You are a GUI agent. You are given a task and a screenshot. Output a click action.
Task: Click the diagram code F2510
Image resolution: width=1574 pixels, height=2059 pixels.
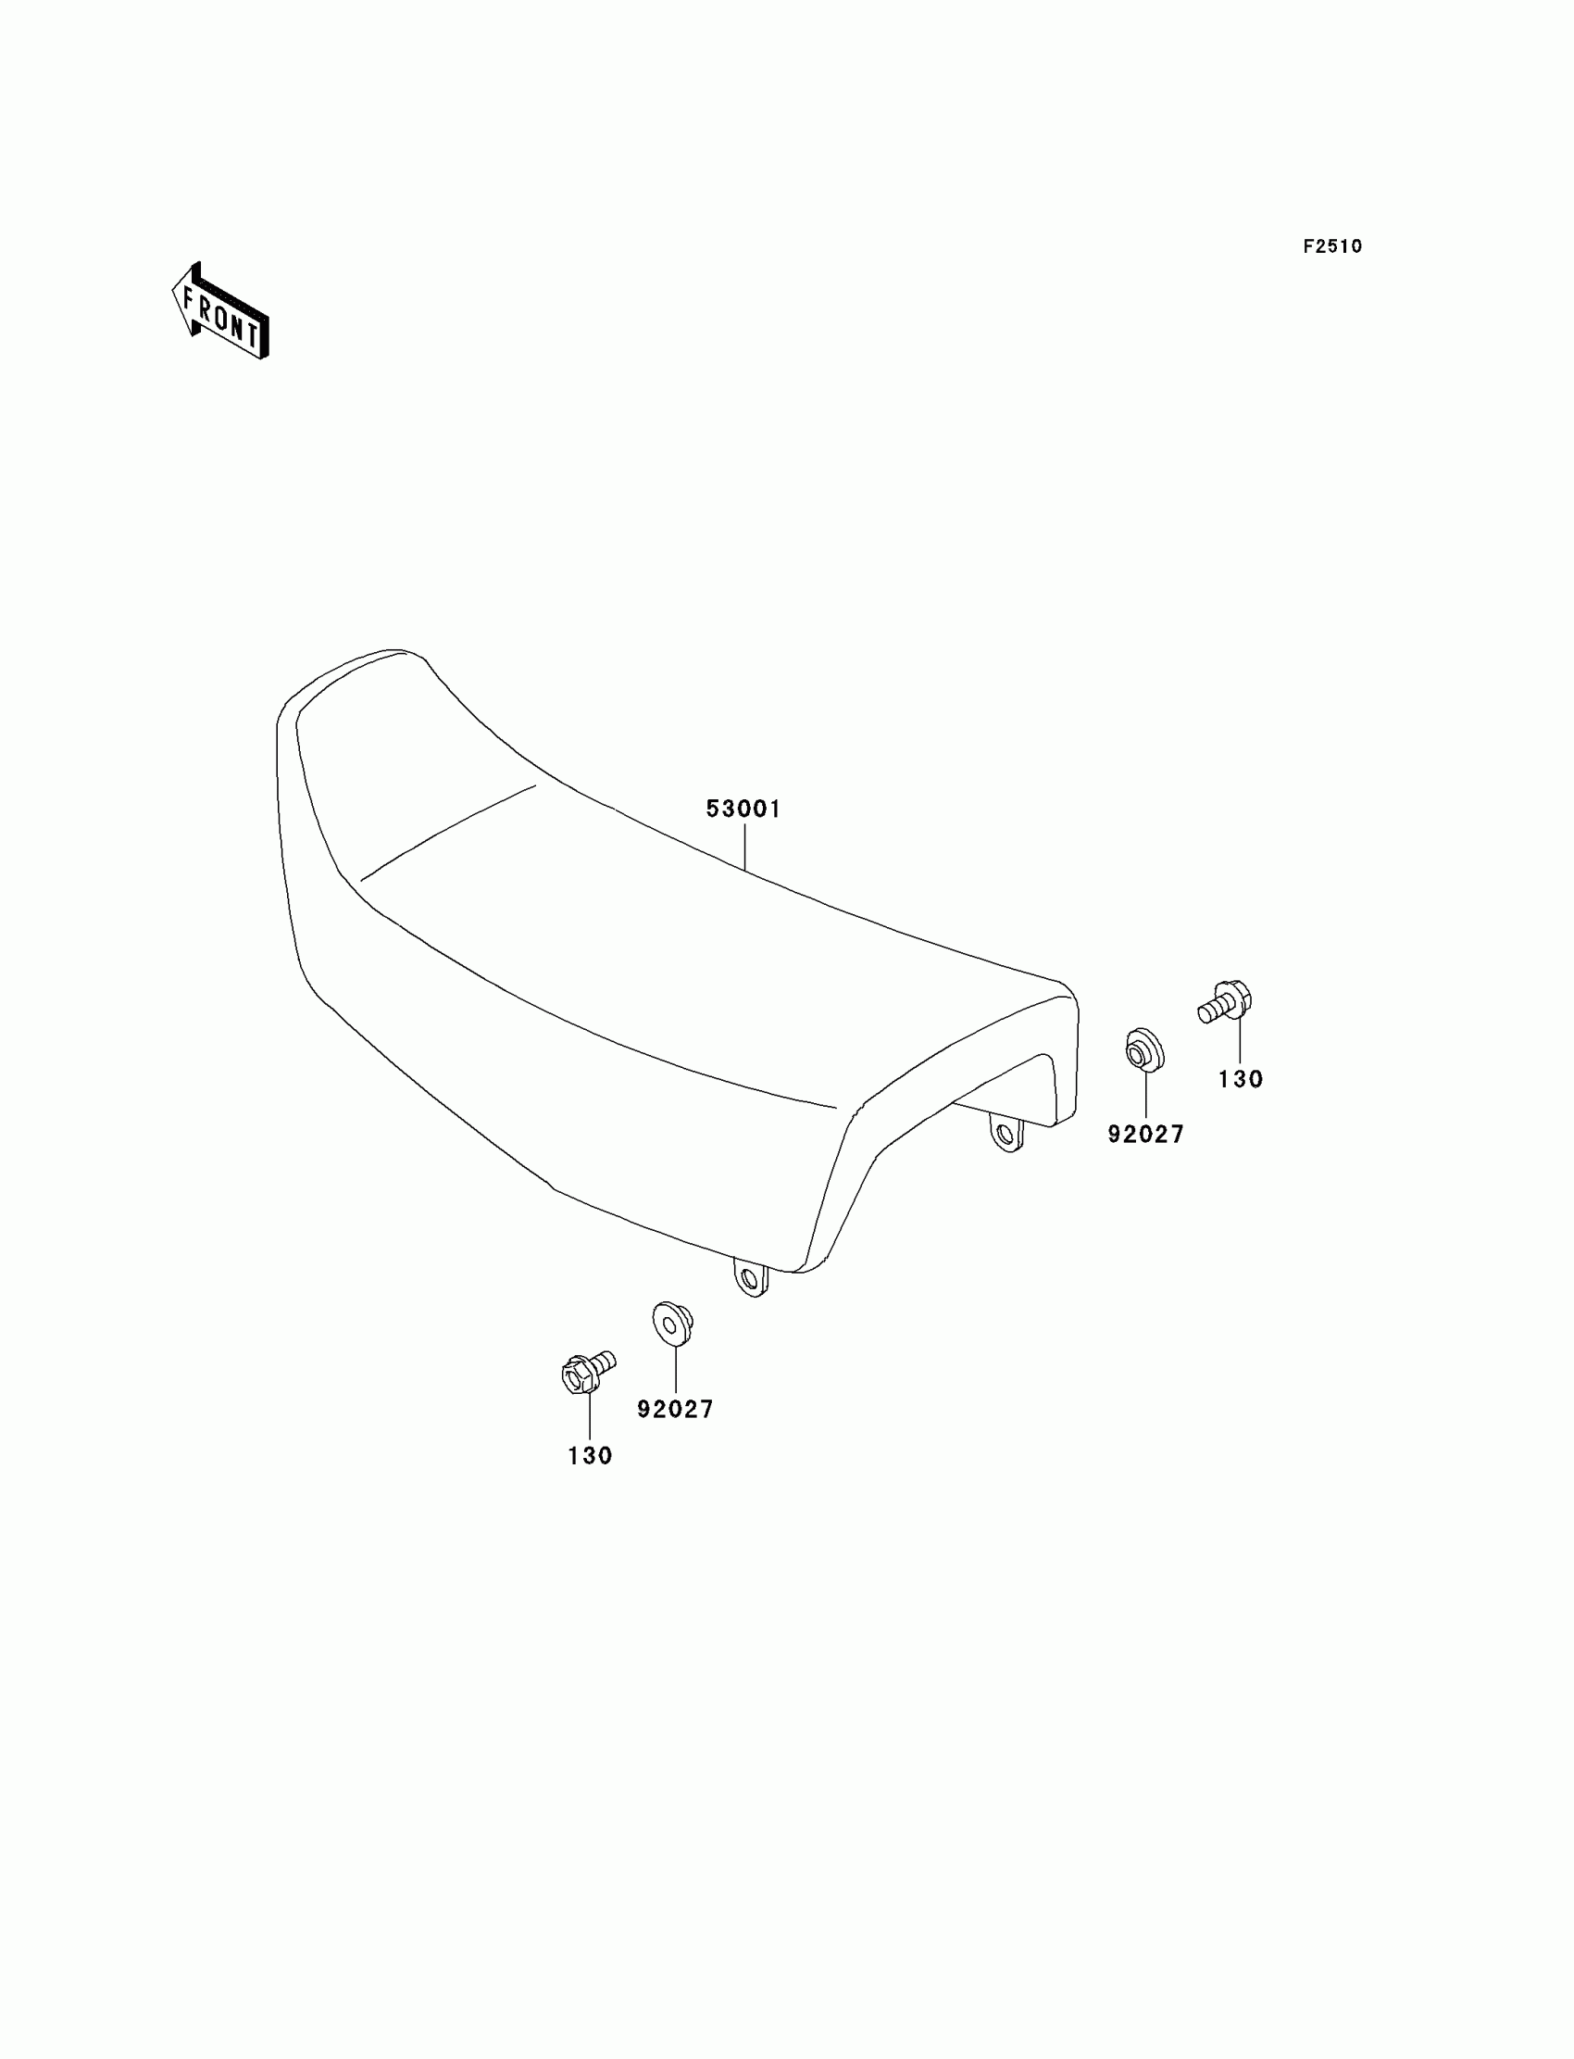(x=1332, y=246)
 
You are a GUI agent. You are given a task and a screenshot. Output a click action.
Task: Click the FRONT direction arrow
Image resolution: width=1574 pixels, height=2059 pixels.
(x=221, y=312)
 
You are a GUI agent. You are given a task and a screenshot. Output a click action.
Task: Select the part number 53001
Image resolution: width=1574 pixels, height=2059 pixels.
(x=743, y=809)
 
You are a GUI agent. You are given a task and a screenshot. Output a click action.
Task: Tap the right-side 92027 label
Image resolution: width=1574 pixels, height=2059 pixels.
(x=1146, y=1135)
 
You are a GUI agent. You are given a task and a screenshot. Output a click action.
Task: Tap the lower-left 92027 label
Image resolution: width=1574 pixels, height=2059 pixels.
(x=676, y=1436)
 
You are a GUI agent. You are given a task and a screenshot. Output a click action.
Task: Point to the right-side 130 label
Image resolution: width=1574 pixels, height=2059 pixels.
(x=1241, y=1080)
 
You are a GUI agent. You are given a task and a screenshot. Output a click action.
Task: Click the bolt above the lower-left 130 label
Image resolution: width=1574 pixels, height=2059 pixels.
(x=584, y=1373)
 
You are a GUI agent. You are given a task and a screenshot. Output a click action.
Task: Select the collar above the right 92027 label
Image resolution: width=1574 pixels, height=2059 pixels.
(x=1144, y=1050)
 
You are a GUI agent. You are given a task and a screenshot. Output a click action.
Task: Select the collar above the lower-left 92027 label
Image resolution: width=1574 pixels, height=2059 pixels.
(x=672, y=1323)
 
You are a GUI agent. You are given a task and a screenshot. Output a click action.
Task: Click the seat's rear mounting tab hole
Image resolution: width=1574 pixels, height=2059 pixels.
(x=1006, y=1135)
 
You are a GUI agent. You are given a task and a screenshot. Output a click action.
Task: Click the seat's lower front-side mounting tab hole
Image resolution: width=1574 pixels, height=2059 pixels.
(x=750, y=1279)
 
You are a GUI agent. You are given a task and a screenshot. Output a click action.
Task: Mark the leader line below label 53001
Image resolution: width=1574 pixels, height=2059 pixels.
(x=744, y=847)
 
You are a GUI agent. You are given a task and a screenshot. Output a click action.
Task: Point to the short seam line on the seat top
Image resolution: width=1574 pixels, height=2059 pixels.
(x=448, y=833)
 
